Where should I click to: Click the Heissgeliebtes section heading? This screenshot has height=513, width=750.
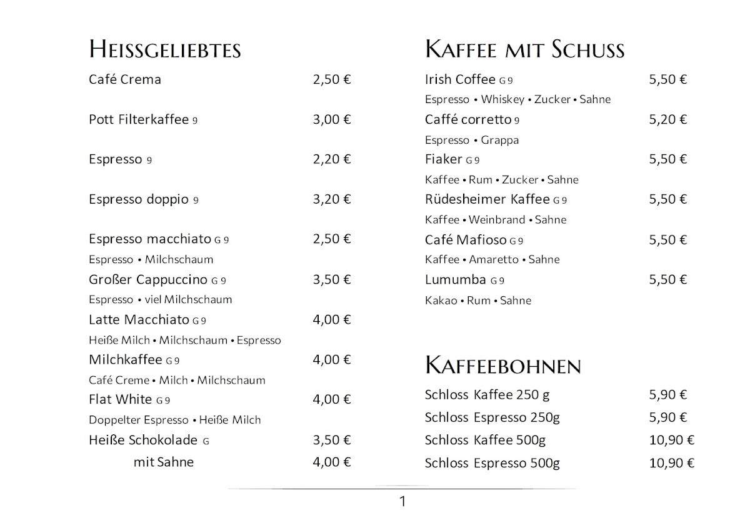point(165,49)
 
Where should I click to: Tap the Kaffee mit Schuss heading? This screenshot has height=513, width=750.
point(524,49)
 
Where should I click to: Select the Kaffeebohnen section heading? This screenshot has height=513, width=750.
point(503,365)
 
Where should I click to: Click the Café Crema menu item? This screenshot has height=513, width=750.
point(125,79)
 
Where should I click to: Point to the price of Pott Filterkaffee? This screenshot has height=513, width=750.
point(332,119)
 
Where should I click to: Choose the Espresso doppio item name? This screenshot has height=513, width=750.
point(138,199)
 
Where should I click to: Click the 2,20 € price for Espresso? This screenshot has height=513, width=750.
point(332,159)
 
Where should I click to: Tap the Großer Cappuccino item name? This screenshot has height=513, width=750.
point(147,279)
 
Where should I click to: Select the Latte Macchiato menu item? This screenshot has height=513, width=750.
point(139,320)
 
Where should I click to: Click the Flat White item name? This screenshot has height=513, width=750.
point(121,399)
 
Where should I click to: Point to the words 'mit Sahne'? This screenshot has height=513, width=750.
point(163,462)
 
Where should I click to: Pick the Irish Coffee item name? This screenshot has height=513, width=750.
point(460,79)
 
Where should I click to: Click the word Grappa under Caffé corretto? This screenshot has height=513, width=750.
point(500,140)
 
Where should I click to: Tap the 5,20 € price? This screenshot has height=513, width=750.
point(668,119)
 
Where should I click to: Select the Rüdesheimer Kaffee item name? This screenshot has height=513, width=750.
point(487,199)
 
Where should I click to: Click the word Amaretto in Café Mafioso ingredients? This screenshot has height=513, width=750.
point(494,259)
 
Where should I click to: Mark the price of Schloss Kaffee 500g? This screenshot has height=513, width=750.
point(672,441)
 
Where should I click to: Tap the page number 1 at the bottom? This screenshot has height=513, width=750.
point(402,501)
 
